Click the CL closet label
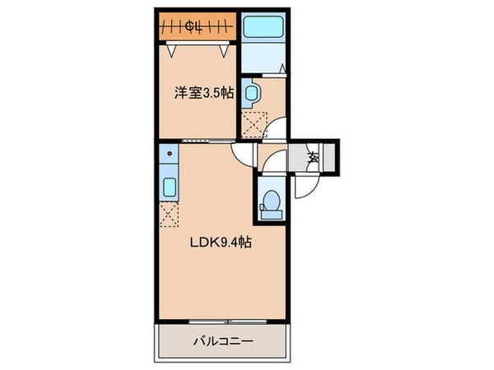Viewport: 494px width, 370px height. click(x=195, y=27)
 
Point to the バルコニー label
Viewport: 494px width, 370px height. click(x=222, y=340)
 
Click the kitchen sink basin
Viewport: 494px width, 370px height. click(x=168, y=187)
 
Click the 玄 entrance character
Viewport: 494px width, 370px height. click(x=313, y=156)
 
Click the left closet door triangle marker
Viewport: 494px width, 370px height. click(x=170, y=50)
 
